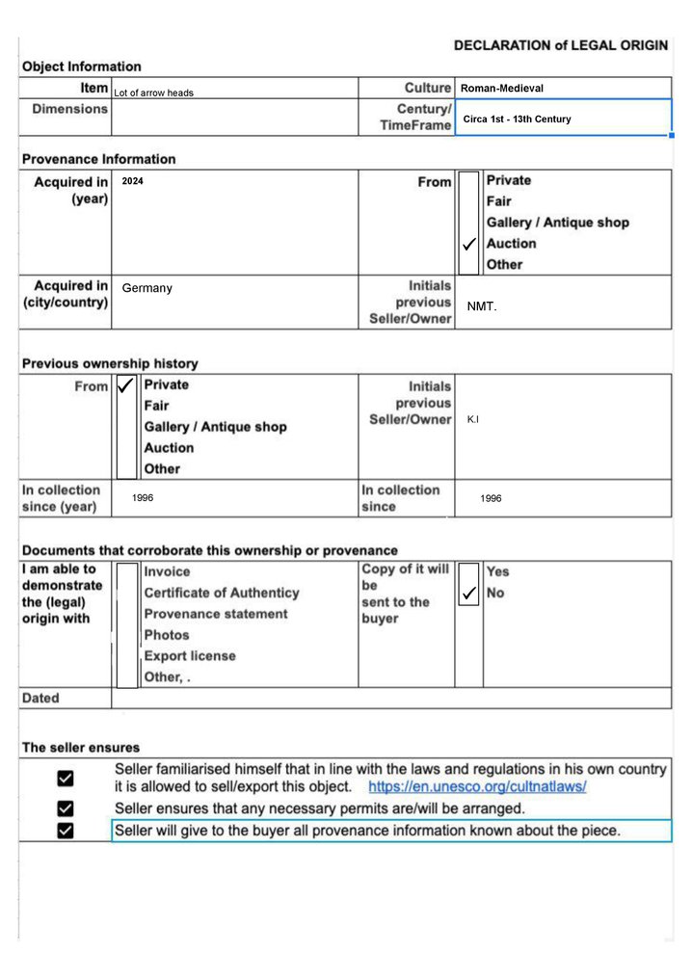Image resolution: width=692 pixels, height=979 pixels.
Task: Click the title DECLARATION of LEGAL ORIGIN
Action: click(560, 44)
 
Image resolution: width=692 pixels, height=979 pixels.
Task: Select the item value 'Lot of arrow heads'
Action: click(154, 93)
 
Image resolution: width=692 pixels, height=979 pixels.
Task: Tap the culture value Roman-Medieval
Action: click(502, 89)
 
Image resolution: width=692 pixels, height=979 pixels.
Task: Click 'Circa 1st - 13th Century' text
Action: click(517, 119)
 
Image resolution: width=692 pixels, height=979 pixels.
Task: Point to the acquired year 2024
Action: click(132, 181)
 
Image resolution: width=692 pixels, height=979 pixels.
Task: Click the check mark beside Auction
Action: click(467, 245)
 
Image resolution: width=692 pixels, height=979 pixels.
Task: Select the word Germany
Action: click(147, 288)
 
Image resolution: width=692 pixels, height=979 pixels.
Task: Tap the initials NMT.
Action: click(482, 306)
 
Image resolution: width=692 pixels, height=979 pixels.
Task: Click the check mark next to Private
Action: click(125, 385)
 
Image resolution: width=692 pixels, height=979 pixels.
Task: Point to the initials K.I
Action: click(472, 420)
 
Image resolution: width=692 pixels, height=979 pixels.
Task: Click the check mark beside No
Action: click(468, 594)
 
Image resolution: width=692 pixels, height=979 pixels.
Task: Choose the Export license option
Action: click(190, 656)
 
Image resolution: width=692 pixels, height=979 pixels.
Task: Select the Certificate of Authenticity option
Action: click(222, 593)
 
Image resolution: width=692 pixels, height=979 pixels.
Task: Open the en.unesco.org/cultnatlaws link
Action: click(477, 786)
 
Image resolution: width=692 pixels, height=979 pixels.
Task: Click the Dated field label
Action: click(40, 699)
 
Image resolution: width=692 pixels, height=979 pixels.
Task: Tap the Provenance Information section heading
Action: click(99, 159)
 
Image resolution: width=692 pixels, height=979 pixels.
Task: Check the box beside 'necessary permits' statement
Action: click(66, 807)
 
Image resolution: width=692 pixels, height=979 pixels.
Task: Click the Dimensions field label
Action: click(70, 109)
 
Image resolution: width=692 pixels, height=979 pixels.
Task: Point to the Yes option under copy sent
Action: click(498, 572)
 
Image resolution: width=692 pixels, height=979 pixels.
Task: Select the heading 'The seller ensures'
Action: click(81, 748)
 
